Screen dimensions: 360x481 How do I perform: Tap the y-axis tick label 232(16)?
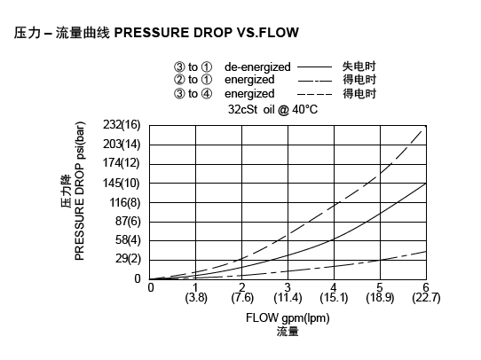[x=122, y=124]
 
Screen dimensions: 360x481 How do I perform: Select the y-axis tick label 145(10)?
[x=122, y=183]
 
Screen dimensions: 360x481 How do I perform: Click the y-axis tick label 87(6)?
[x=125, y=221]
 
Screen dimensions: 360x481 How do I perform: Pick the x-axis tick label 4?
[x=334, y=287]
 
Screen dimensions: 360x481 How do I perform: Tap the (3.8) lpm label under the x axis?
[x=196, y=298]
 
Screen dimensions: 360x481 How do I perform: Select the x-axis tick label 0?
[x=151, y=287]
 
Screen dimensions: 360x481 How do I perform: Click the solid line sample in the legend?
[x=313, y=67]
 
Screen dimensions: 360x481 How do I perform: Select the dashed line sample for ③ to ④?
[x=313, y=93]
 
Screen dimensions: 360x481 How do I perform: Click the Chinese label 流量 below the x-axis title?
[x=288, y=332]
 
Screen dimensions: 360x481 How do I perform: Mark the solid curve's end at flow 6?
[x=425, y=184]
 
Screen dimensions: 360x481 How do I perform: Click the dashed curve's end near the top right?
[x=423, y=130]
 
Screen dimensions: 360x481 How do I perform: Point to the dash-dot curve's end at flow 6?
[x=425, y=251]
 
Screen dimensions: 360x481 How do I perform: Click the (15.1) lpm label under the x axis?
[x=334, y=298]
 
